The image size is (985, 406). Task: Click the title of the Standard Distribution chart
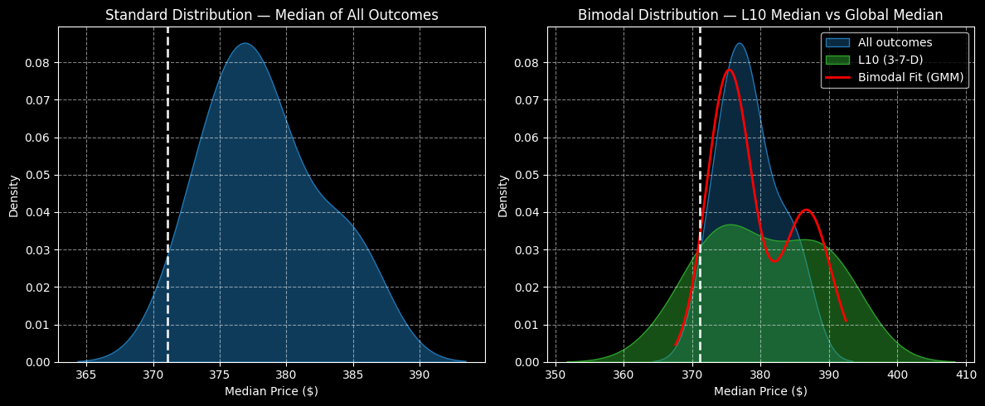pos(271,15)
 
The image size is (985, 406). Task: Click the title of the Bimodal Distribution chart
pos(760,15)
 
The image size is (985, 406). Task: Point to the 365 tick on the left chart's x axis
pos(86,374)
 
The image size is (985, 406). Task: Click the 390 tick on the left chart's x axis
pos(420,374)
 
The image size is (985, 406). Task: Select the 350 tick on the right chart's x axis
pos(556,374)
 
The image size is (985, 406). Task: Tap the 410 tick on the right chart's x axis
pos(965,374)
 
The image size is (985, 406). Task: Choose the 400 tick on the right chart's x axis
pos(897,374)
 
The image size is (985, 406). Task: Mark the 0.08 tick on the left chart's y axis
pos(38,63)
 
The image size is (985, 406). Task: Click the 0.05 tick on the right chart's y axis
pos(527,175)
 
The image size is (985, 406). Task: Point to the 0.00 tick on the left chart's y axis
pos(38,362)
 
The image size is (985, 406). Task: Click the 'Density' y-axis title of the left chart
pos(14,196)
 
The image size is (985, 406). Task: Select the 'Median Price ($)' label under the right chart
pos(760,391)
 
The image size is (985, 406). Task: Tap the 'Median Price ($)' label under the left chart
pos(271,391)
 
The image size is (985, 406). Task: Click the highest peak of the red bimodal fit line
pos(729,70)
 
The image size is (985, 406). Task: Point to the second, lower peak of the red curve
pos(805,210)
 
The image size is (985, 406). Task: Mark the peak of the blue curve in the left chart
pos(245,43)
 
